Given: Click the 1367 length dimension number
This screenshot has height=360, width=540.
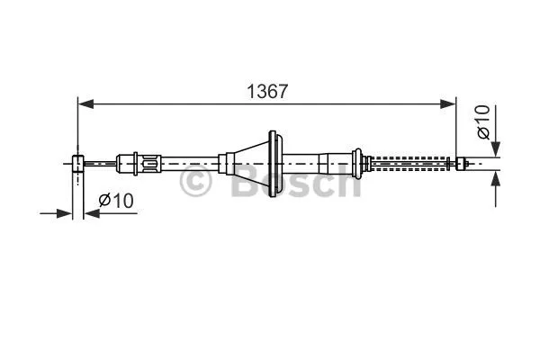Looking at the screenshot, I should (268, 91).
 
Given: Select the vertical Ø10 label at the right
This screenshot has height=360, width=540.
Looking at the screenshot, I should (483, 122).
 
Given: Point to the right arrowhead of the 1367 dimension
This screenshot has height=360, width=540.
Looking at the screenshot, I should (449, 105).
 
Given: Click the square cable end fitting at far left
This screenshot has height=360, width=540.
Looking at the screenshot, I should (77, 163).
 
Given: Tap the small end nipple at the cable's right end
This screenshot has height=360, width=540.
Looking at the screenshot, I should (461, 163).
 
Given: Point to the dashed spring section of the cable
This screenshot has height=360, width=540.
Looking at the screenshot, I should (409, 164).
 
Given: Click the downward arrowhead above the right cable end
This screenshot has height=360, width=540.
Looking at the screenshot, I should (495, 149).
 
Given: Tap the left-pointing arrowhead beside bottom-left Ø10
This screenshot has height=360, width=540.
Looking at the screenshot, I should (91, 213).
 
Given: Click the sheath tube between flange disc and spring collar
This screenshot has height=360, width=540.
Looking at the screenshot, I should (319, 163).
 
